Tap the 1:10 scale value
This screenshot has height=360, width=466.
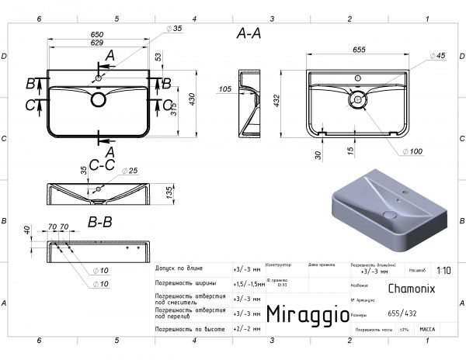pyautogui.click(x=443, y=271)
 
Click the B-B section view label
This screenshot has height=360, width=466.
pyautogui.click(x=99, y=222)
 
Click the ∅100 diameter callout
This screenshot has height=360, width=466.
pyautogui.click(x=415, y=151)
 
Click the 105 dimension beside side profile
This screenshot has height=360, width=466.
pyautogui.click(x=225, y=89)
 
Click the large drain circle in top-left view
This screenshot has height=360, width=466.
pyautogui.click(x=99, y=99)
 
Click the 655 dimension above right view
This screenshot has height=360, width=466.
pyautogui.click(x=359, y=49)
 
